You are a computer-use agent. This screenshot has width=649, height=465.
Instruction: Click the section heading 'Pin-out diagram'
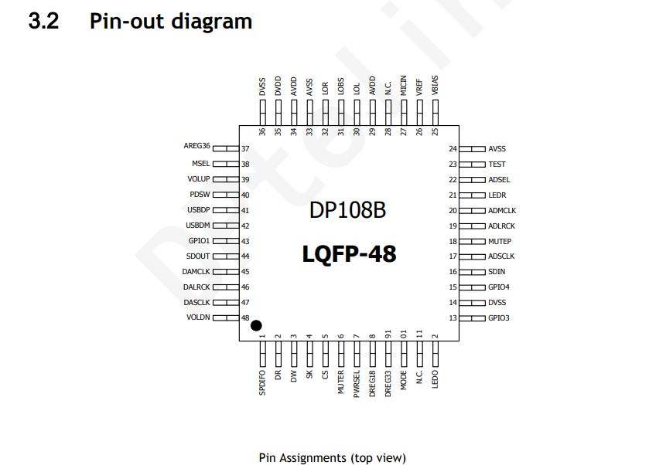tap(171, 21)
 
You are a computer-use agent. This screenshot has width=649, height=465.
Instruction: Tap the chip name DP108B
tap(348, 210)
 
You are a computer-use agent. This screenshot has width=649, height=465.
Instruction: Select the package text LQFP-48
tap(349, 253)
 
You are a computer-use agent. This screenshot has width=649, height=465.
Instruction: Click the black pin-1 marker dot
tap(256, 326)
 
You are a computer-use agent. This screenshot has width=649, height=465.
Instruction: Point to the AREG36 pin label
tap(196, 146)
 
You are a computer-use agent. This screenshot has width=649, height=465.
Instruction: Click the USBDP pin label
tap(198, 210)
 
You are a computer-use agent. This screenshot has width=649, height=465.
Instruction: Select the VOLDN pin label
tap(198, 317)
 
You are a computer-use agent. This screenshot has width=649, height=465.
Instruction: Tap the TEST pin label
tap(497, 164)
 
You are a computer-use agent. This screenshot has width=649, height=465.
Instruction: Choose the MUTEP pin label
tap(500, 241)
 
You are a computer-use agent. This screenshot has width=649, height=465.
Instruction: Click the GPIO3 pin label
tap(499, 318)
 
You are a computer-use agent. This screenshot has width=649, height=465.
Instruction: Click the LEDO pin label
tap(435, 379)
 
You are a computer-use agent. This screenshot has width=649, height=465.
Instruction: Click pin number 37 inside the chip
tap(245, 148)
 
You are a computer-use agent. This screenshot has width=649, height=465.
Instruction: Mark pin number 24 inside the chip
tap(453, 148)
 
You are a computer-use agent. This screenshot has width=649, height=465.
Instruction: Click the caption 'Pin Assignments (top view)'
tap(332, 457)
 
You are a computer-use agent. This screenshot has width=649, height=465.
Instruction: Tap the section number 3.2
tap(43, 21)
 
